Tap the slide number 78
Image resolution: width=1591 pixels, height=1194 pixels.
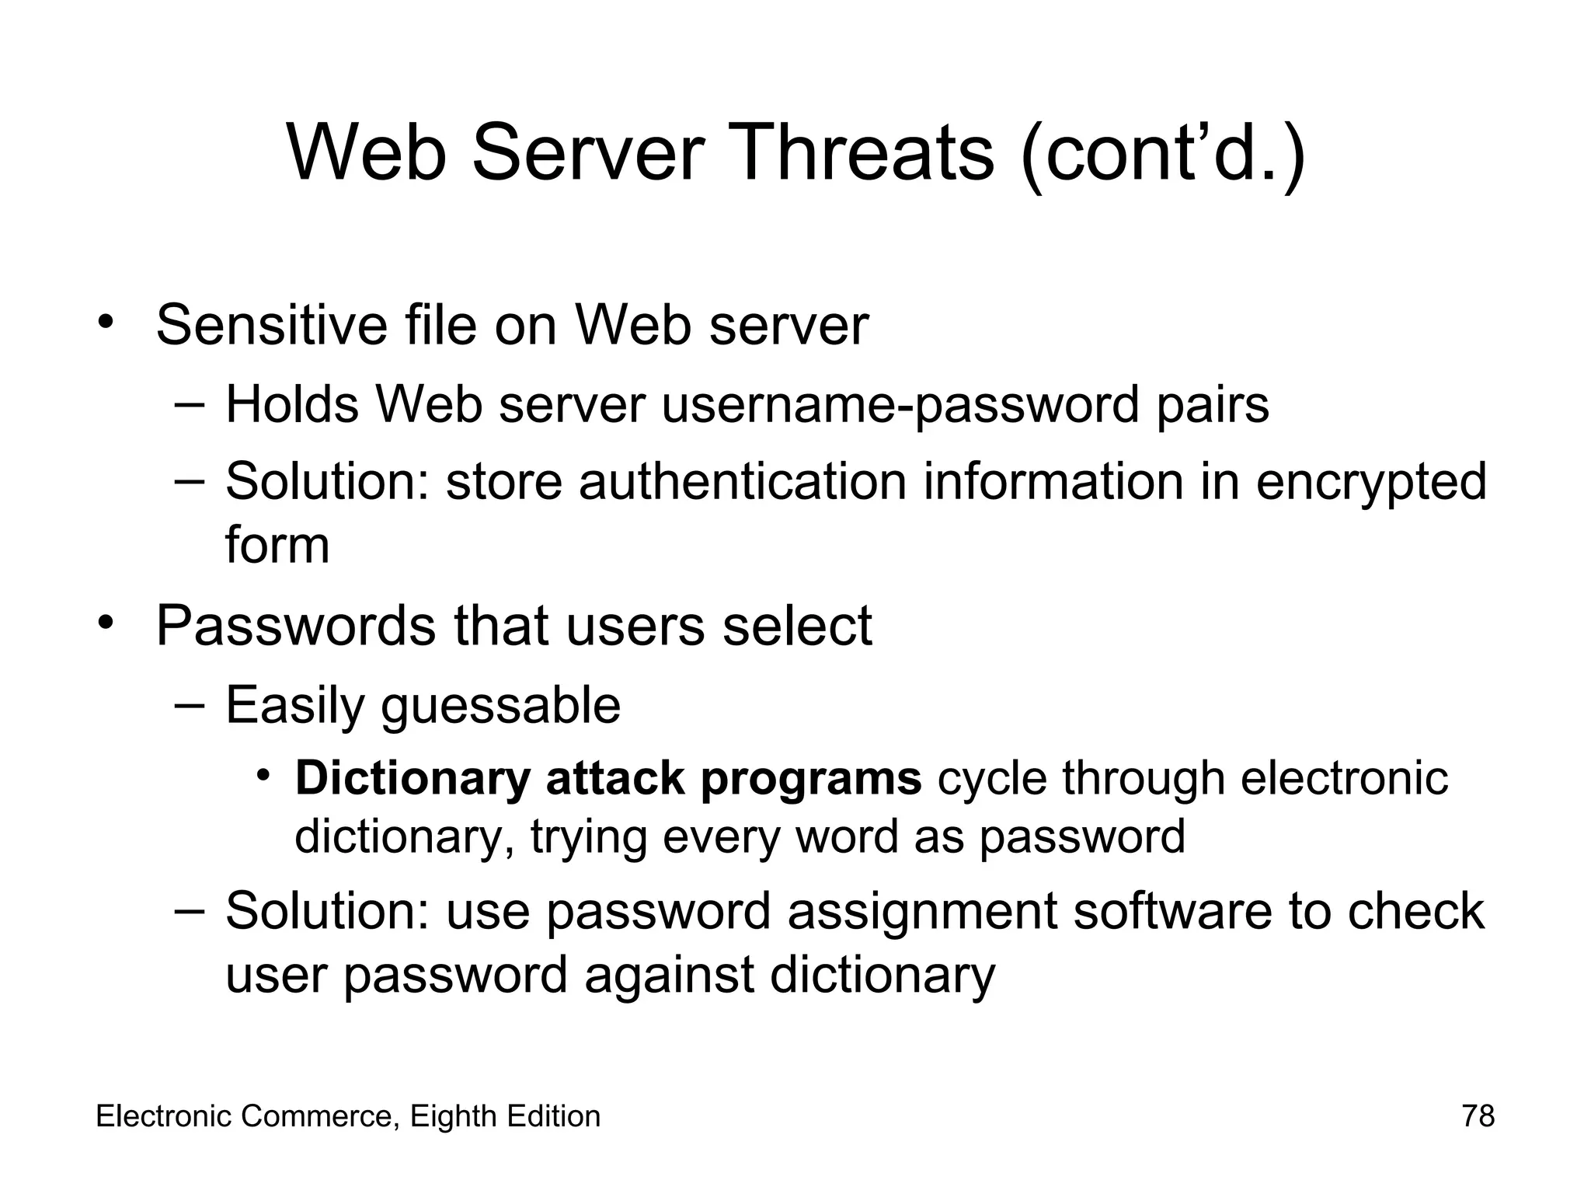1478,1116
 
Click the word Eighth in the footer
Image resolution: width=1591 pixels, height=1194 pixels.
454,1116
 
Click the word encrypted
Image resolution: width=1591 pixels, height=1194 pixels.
1370,482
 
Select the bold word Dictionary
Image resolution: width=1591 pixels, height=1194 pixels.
412,778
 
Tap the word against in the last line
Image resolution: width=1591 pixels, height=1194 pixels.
669,975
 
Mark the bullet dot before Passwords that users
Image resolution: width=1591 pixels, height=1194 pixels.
106,623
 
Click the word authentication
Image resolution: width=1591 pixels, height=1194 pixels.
742,482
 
